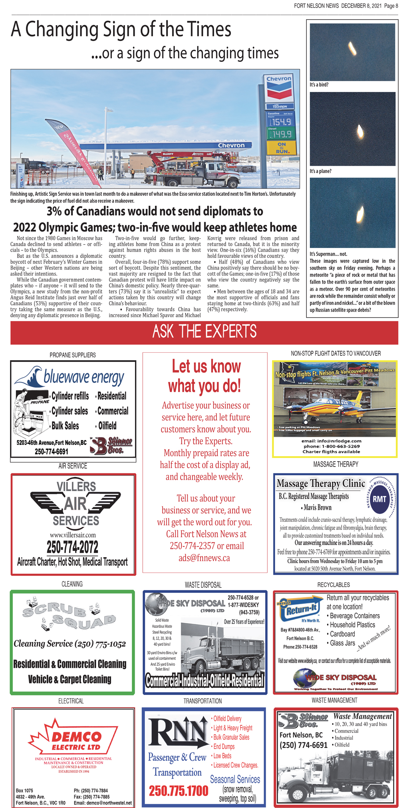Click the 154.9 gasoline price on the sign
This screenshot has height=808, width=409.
[x=281, y=122]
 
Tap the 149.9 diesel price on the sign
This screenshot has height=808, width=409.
[x=281, y=134]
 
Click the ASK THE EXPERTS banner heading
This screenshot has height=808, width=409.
[x=204, y=332]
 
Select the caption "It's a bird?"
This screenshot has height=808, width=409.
[x=319, y=85]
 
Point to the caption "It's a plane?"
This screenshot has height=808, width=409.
[x=320, y=171]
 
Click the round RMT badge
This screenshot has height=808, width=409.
[x=379, y=499]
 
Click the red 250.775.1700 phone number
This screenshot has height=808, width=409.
[x=179, y=790]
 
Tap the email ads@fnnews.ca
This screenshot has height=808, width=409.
[x=204, y=558]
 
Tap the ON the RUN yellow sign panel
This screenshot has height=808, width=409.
[x=282, y=148]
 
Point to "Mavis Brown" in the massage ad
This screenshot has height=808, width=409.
[x=318, y=508]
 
